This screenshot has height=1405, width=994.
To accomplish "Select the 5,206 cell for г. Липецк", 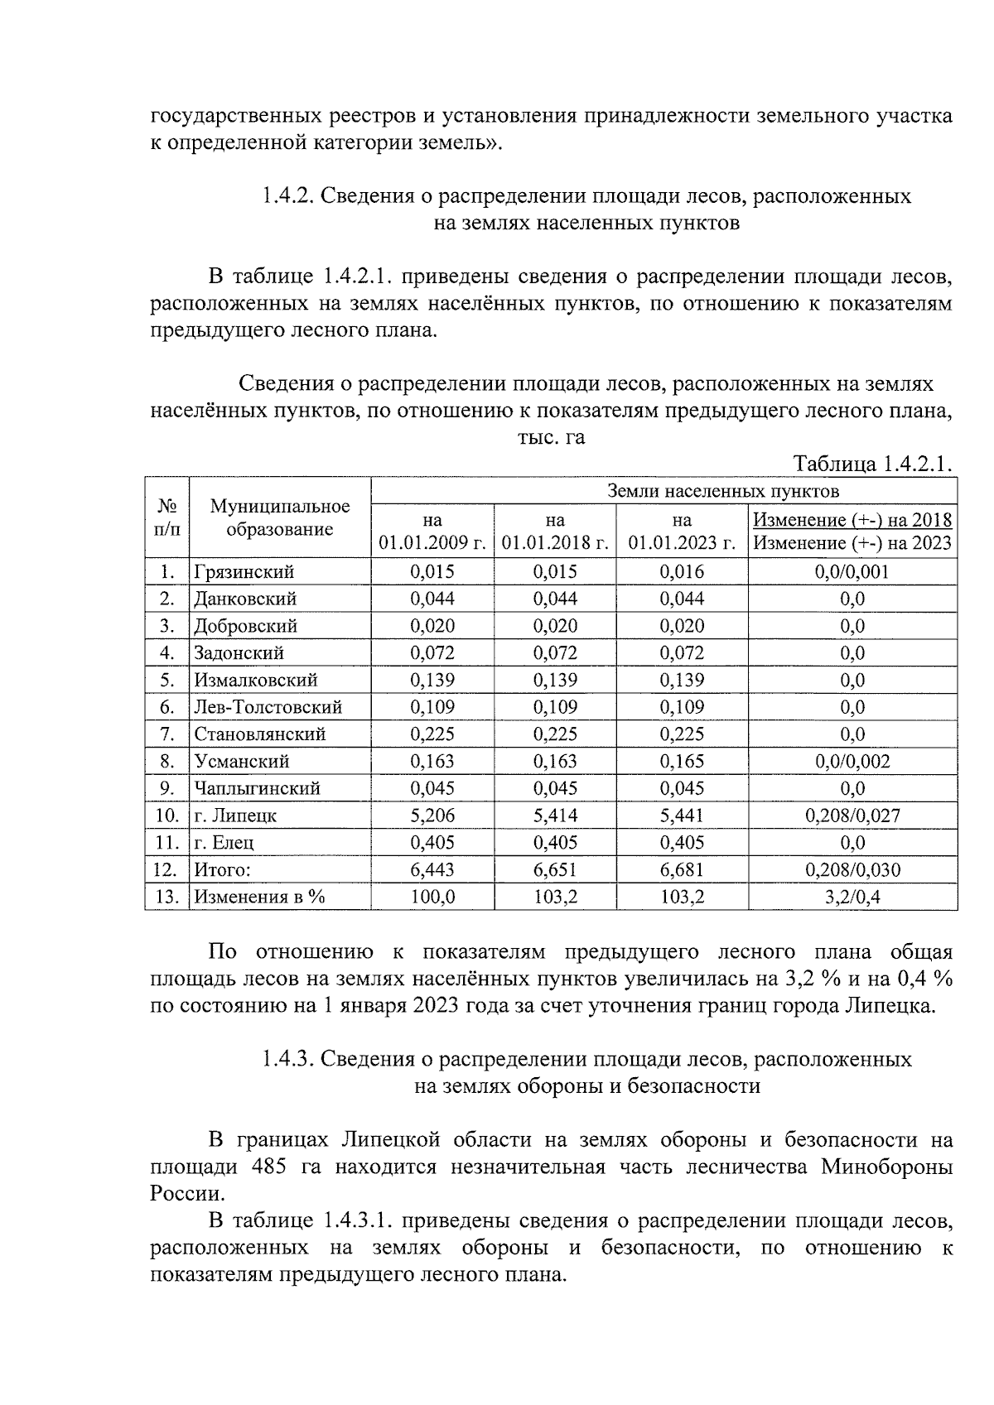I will point(432,816).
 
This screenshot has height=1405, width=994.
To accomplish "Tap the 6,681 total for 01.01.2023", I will point(682,870).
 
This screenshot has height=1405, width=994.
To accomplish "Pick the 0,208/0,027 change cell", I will point(852,816).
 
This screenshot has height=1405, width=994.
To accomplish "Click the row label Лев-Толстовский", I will point(268,707).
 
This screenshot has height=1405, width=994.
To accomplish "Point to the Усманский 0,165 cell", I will point(682,762).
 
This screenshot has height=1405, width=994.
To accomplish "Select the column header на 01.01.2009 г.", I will point(432,532).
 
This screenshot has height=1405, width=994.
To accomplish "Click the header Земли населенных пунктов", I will point(723,491).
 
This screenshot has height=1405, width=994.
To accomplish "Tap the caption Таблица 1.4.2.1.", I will point(871,464).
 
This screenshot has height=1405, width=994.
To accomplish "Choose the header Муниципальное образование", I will point(279,517).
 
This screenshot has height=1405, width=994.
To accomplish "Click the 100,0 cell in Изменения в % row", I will point(432,897).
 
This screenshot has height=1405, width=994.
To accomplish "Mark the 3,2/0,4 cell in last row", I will point(852,897).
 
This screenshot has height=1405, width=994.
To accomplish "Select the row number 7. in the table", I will point(167,734).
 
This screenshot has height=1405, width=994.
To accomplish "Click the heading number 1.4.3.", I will point(287,1059).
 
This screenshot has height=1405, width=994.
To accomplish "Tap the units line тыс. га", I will point(551,438).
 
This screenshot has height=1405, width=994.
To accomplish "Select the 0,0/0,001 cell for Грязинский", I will point(852,572).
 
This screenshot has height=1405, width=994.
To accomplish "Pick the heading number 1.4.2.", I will point(287,196).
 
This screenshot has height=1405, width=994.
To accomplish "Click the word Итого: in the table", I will point(222,870).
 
